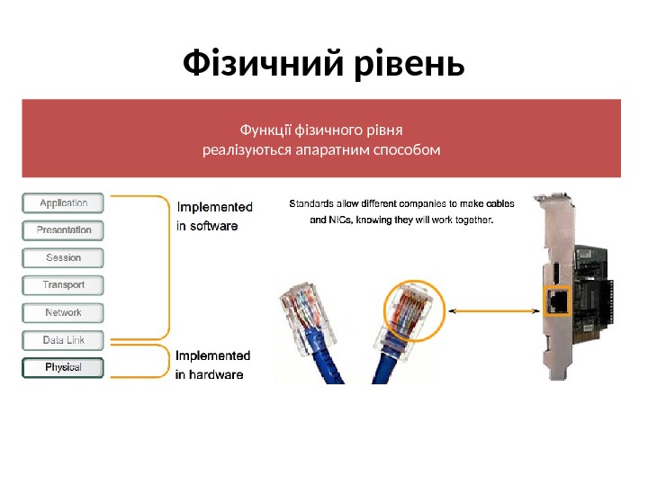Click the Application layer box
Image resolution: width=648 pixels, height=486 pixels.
(x=63, y=203)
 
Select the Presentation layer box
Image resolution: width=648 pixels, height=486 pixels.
(x=63, y=230)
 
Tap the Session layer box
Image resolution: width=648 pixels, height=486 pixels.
(x=63, y=258)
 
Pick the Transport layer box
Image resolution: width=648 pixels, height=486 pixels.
(x=63, y=285)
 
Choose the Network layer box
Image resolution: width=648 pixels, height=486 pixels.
(x=63, y=313)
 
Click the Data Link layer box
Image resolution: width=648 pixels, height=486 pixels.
(x=63, y=340)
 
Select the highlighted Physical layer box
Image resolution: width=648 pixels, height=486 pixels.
(x=63, y=367)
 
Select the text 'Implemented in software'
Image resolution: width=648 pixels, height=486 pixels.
(x=214, y=216)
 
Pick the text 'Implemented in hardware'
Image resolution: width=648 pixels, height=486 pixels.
(x=212, y=364)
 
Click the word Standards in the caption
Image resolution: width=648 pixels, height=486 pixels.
(x=311, y=203)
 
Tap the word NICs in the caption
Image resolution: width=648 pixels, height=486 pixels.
(x=340, y=220)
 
